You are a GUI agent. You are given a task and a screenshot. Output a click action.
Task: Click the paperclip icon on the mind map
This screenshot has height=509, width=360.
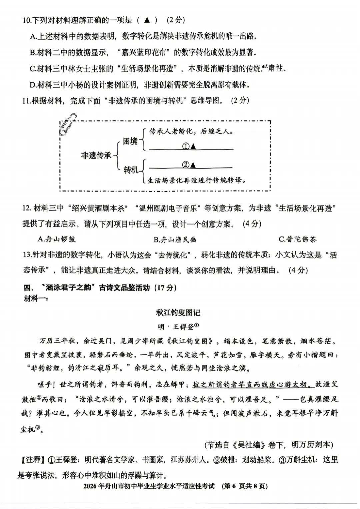pos(68,123)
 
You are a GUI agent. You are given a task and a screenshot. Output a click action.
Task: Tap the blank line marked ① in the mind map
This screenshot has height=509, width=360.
pos(191,147)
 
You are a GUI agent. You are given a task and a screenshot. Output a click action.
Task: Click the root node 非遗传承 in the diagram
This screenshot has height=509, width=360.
pos(96,155)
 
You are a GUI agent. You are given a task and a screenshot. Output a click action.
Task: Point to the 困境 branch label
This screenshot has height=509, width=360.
pos(130,141)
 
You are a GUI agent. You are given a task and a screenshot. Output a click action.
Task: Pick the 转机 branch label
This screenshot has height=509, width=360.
pos(131,170)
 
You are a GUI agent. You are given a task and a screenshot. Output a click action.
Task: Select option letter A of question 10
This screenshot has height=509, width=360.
pos(33,36)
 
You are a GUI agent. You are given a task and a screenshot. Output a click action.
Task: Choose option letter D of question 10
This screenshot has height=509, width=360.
pos(33,85)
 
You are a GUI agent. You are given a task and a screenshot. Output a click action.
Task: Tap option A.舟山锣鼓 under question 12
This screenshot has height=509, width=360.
pos(57,239)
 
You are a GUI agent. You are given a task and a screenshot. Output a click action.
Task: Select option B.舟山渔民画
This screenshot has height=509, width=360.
pos(175,239)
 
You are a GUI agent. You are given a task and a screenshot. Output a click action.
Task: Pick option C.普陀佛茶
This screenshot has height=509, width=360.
pos(297,239)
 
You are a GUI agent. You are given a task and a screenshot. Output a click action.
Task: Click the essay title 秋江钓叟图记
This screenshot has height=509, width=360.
pos(178,313)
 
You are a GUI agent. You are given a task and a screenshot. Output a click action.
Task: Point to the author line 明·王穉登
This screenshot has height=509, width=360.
pos(178,327)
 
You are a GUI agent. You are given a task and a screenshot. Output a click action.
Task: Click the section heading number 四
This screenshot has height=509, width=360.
pos(27,288)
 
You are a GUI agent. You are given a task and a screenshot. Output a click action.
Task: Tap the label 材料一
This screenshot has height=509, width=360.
pos(36,299)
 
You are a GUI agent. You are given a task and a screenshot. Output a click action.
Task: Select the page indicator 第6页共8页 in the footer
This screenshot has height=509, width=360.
pos(245,486)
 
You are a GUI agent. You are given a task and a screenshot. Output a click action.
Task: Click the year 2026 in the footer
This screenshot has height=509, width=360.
pos(90,486)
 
